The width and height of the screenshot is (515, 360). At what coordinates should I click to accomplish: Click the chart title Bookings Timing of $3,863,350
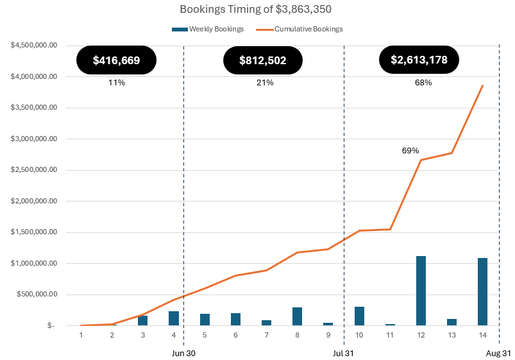[x=257, y=10]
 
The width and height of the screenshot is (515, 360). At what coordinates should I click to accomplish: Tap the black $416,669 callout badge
[x=116, y=60]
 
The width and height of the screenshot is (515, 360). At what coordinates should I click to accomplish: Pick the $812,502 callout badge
[x=263, y=60]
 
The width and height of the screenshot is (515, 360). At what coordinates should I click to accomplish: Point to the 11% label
[x=116, y=83]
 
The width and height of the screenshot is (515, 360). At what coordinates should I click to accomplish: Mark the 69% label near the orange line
[x=410, y=150]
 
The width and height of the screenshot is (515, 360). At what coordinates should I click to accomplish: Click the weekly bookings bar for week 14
[x=482, y=292]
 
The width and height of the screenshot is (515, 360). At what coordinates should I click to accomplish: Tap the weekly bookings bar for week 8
[x=297, y=316]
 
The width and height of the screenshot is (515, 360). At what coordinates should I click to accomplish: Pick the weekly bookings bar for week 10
[x=359, y=316]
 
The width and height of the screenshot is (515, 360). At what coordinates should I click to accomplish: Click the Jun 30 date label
[x=183, y=353]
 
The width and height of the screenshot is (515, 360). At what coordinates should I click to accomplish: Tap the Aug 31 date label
[x=498, y=353]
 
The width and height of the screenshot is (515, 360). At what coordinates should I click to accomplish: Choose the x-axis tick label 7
[x=266, y=335]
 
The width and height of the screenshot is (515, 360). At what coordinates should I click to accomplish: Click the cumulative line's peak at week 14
[x=482, y=85]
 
